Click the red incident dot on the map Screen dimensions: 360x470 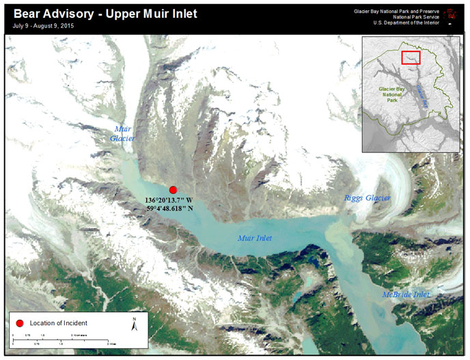[x=173, y=190]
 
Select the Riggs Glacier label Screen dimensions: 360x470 [x=367, y=198]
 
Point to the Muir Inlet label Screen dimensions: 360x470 [x=254, y=238]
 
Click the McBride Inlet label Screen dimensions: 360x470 [x=406, y=294]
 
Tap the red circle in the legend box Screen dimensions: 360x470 [x=20, y=322]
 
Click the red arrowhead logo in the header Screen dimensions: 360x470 [x=450, y=13]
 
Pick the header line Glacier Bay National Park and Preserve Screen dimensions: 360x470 [x=396, y=12]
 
